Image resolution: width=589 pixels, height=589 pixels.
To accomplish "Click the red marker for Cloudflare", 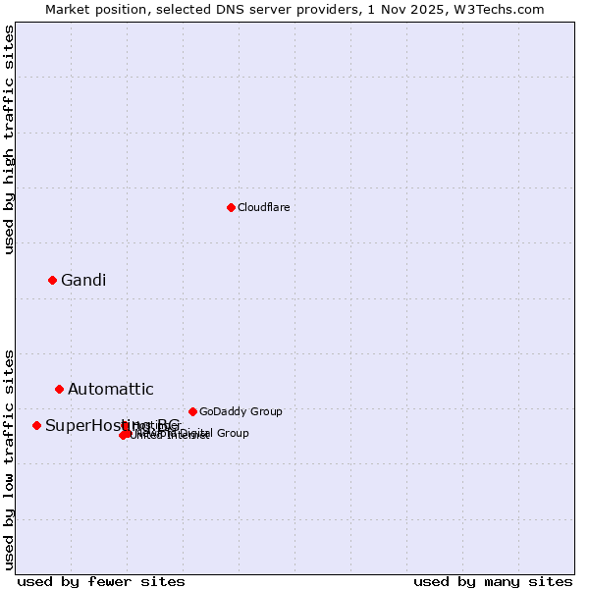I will coord(231,207).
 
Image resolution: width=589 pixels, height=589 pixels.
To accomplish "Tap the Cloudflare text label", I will coord(263,207).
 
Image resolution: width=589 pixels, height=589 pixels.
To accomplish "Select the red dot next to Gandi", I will coord(52,280).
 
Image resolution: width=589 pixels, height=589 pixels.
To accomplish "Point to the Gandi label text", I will coord(83,281).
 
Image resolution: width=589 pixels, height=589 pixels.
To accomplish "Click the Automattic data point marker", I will coord(59,390).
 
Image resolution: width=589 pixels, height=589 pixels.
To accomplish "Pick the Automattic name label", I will coord(110,390).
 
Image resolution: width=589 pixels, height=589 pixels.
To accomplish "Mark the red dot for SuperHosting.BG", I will coord(36,425).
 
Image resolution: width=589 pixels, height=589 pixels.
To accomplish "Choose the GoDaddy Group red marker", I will coord(192,411).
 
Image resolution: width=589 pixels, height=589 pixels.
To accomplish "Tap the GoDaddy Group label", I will coord(241,411).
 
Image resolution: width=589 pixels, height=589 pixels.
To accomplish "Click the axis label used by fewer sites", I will coord(101,581).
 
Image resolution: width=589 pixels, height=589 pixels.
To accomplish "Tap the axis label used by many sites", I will coord(493,581).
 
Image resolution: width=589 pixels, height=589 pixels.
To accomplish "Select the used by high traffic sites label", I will coord(9,140).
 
